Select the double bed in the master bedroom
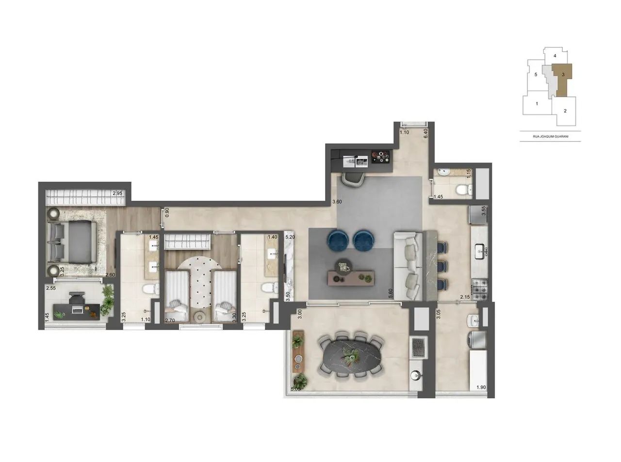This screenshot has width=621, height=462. (73, 241)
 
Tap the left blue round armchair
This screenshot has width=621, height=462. (338, 240)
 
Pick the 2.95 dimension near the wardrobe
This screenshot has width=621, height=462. (117, 193)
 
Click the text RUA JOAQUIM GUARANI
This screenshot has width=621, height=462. (550, 136)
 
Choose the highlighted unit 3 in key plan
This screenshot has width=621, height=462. (562, 75)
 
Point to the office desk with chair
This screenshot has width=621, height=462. (77, 307)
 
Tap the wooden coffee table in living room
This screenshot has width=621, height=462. (352, 277)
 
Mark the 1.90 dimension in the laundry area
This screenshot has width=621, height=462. (481, 387)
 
